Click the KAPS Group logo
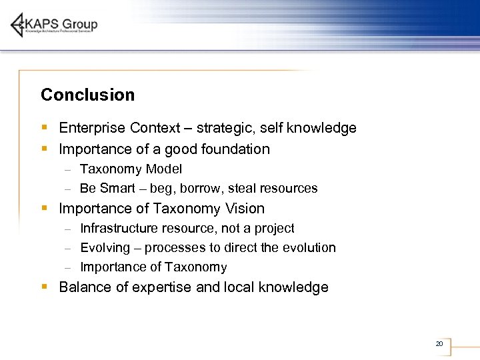coord(54,25)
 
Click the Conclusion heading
coord(87,95)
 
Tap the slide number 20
coord(439,344)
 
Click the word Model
coord(164,169)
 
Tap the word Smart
coord(117,189)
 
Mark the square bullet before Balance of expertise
coord(44,287)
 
